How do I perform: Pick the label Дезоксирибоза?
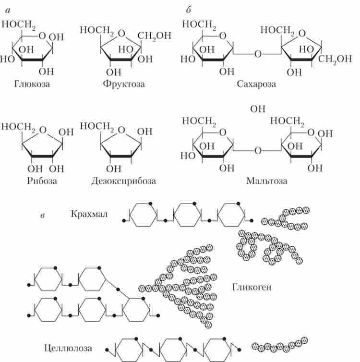click(x=123, y=181)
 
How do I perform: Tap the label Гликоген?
click(x=252, y=288)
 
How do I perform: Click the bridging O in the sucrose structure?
click(x=258, y=54)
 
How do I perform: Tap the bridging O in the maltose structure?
click(x=258, y=151)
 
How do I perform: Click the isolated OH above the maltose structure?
click(x=258, y=109)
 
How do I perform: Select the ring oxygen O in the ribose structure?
click(x=44, y=129)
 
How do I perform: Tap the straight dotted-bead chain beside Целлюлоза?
click(x=279, y=344)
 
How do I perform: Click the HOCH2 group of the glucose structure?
click(x=18, y=24)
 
